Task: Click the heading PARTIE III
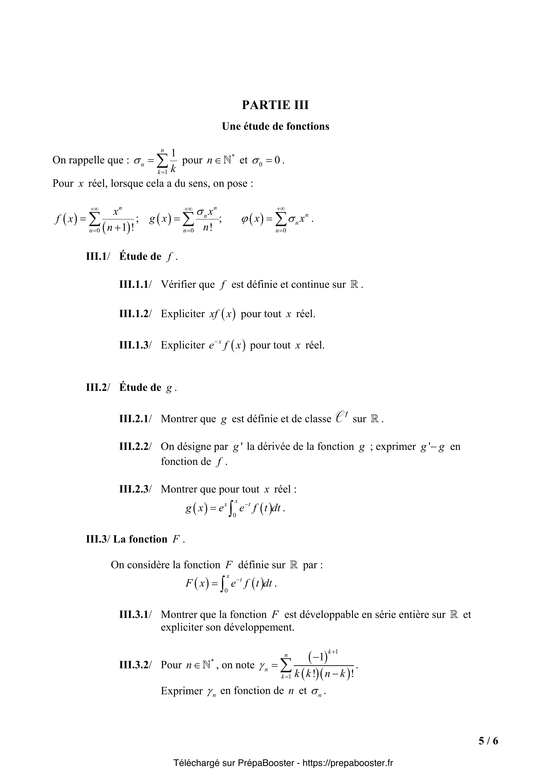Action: coord(275,105)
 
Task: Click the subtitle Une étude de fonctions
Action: coord(275,126)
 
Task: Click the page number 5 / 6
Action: coord(488,741)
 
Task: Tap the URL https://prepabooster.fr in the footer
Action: coord(348,763)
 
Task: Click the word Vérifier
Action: coord(188,284)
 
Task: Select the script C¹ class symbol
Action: coord(341,417)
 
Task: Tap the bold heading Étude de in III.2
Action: coord(140,387)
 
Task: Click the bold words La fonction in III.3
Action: coord(140,539)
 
